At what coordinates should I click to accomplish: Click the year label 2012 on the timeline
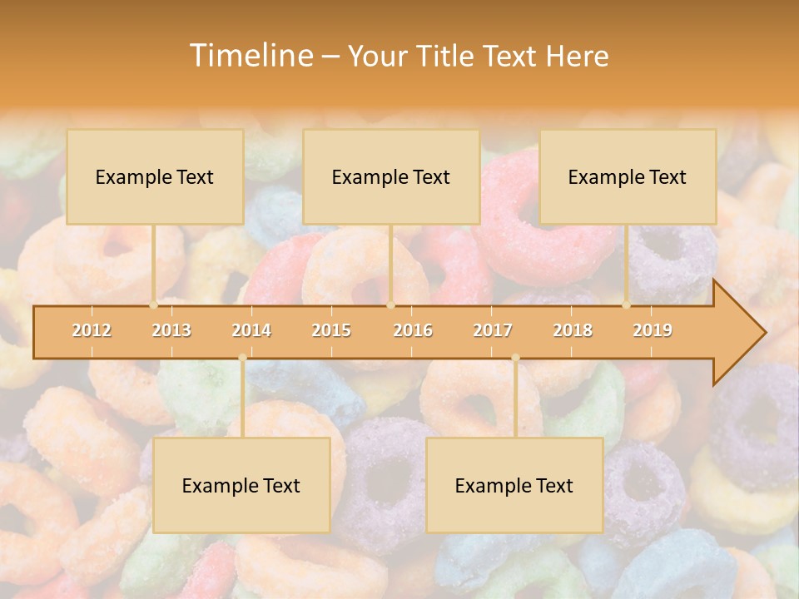click(92, 330)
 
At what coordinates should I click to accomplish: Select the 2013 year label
click(171, 330)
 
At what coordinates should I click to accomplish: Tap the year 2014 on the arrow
click(251, 330)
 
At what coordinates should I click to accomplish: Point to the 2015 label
click(331, 330)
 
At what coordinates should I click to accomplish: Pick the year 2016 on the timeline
click(413, 330)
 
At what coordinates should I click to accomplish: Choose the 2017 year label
click(493, 330)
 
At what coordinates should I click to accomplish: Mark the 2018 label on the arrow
click(573, 330)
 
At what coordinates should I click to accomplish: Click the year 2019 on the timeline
click(653, 330)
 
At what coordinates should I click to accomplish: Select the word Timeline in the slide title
click(250, 56)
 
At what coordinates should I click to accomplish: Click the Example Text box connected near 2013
click(155, 177)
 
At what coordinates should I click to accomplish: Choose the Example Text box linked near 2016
click(391, 177)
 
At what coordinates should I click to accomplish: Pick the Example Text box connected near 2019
click(628, 177)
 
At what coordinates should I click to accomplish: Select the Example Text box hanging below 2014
click(241, 485)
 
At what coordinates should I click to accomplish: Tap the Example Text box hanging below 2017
click(514, 485)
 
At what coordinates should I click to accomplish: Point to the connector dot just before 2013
click(154, 304)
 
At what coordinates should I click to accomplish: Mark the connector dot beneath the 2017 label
click(515, 358)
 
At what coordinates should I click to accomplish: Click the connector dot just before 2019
click(627, 304)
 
